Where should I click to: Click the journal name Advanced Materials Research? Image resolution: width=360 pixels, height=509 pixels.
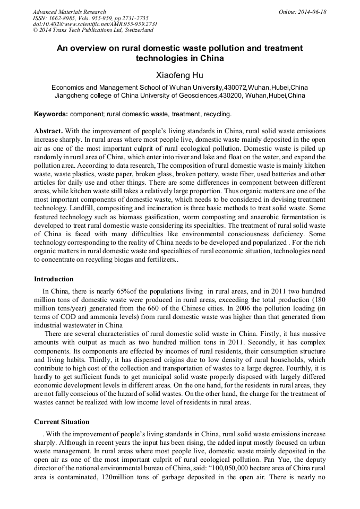pos(69,12)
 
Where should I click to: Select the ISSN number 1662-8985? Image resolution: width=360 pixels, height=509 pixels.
pos(62,18)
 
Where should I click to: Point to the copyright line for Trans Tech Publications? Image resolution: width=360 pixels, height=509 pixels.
pos(93,30)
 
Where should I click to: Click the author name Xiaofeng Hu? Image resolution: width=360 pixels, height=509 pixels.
pos(179,75)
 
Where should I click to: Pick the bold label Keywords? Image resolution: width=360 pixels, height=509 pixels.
pos(51,114)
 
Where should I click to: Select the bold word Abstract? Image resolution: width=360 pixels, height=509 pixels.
pos(49,131)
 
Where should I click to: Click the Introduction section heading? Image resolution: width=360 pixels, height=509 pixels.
pos(54,279)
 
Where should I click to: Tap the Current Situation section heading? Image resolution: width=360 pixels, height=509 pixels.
pos(62,422)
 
